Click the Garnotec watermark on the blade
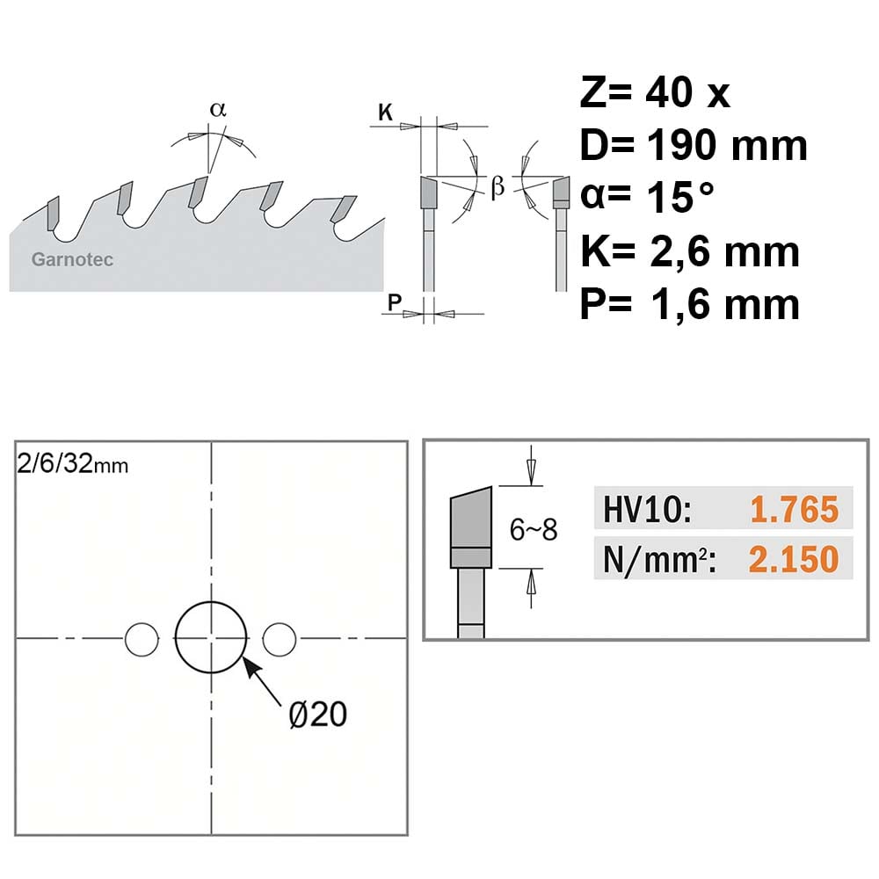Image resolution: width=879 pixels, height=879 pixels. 72,259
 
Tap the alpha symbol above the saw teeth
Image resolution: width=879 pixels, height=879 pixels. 218,109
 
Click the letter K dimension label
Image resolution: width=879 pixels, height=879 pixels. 385,113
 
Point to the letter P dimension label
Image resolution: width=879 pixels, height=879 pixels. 395,302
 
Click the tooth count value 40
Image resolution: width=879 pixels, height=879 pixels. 669,92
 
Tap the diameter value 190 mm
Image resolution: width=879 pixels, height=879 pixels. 727,145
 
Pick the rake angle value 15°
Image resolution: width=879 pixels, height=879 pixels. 680,197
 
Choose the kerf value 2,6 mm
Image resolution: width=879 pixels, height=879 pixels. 724,251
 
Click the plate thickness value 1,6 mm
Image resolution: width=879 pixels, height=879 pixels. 725,304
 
